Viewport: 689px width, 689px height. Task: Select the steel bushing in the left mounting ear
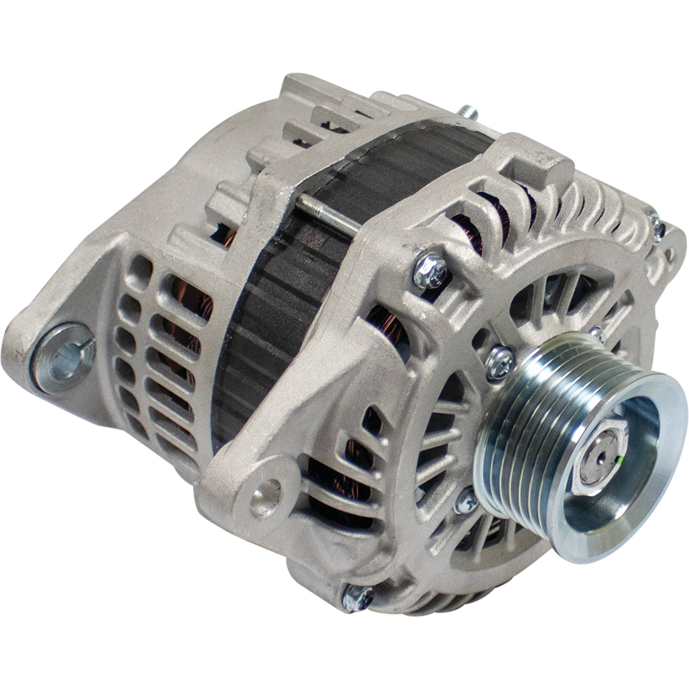[66, 357]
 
